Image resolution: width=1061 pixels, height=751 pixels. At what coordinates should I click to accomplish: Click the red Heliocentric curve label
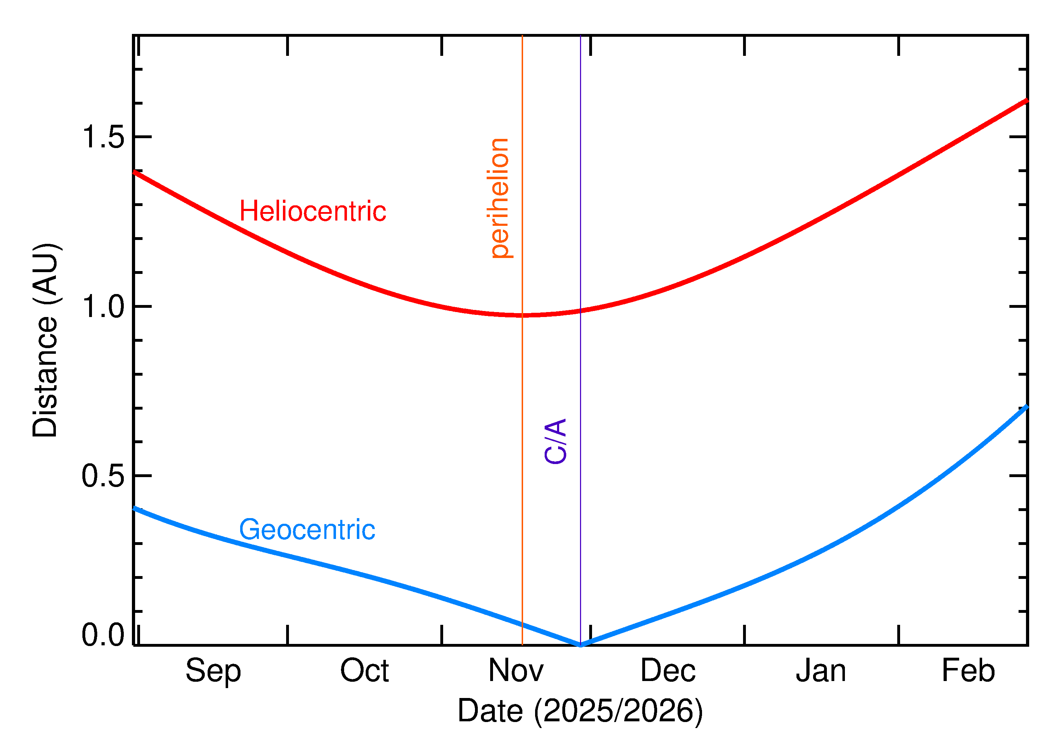point(313,211)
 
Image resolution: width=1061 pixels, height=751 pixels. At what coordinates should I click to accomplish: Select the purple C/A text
point(555,441)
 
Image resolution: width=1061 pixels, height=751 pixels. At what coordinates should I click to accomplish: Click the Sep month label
point(213,671)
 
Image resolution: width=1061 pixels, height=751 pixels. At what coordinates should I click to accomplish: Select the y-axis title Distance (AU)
point(45,340)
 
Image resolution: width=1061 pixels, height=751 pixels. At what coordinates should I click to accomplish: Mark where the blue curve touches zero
point(580,645)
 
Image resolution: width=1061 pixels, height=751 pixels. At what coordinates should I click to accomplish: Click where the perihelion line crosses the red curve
point(522,315)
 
